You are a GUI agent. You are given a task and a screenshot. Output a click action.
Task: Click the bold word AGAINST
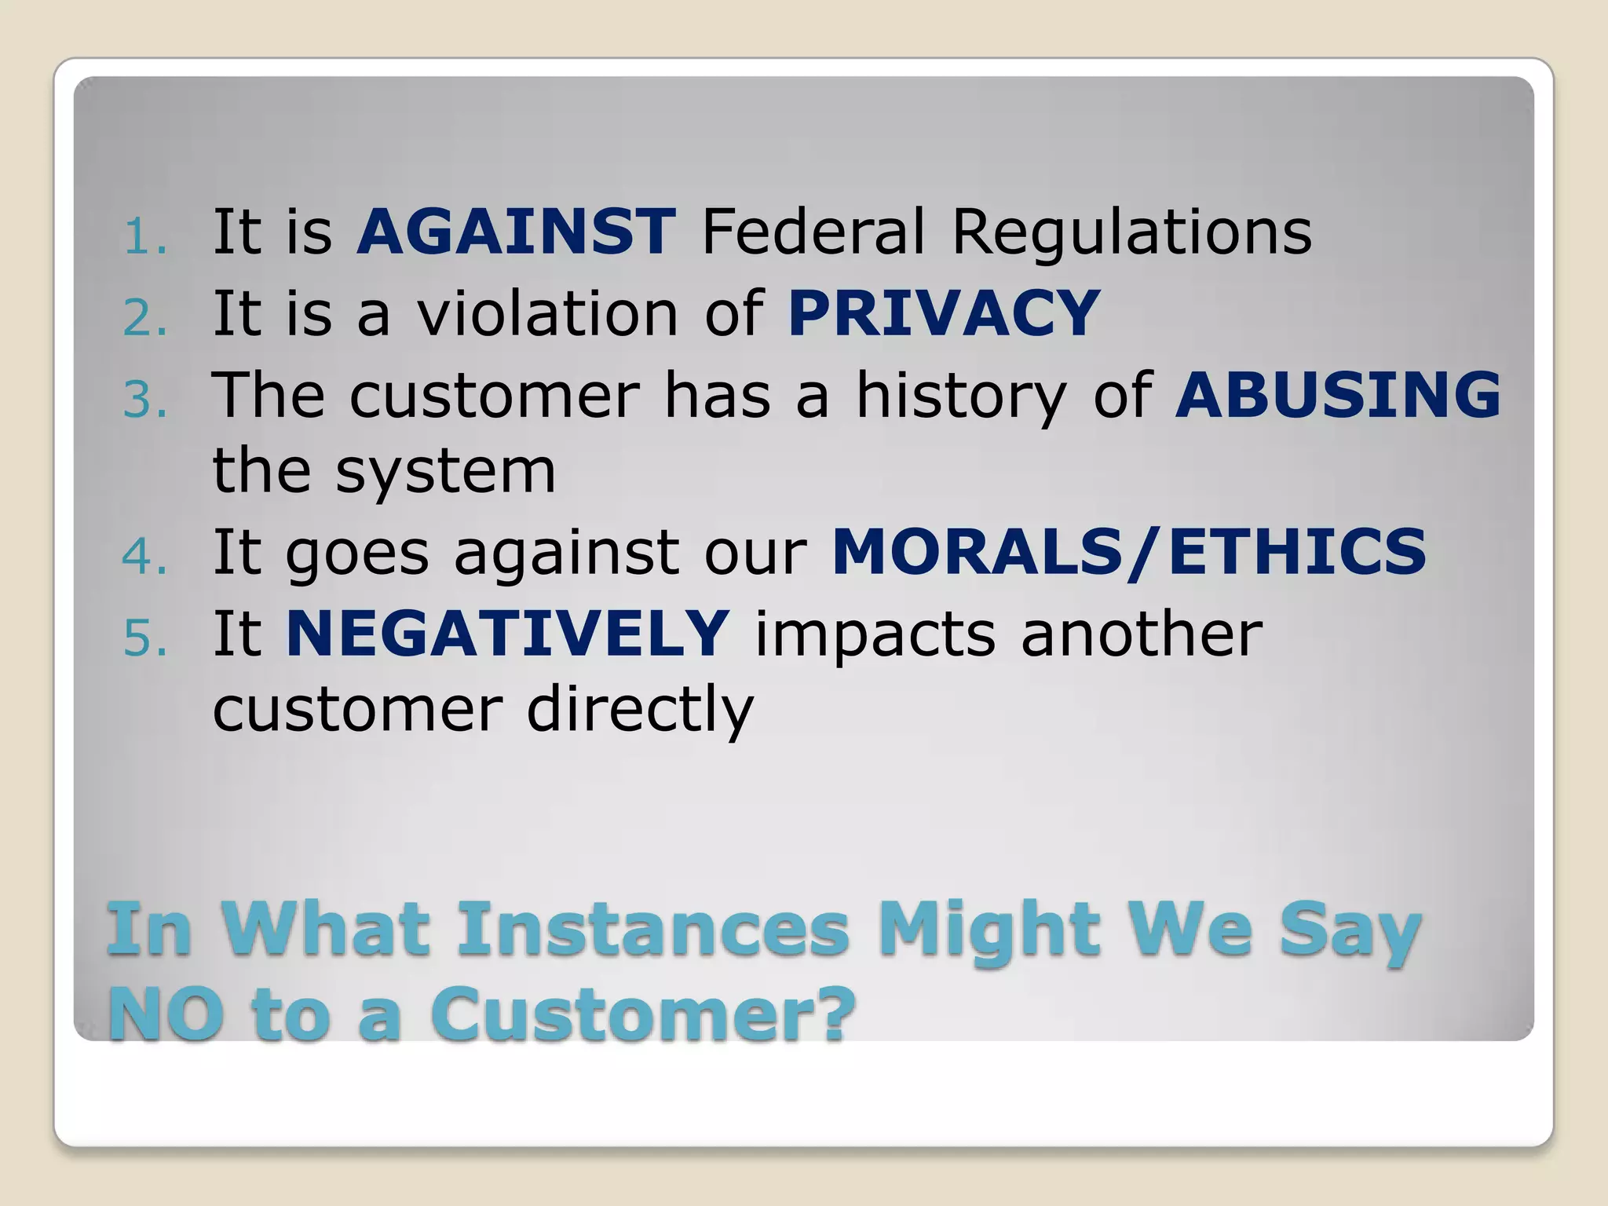pyautogui.click(x=515, y=232)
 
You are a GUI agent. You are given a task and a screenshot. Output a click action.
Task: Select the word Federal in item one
pyautogui.click(x=813, y=232)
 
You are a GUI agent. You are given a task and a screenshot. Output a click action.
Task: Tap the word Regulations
pyautogui.click(x=1131, y=233)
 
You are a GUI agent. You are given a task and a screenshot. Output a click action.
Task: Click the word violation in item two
pyautogui.click(x=547, y=313)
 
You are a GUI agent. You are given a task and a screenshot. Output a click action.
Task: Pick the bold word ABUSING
pyautogui.click(x=1337, y=394)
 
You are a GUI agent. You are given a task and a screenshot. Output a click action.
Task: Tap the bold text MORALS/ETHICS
pyautogui.click(x=1128, y=552)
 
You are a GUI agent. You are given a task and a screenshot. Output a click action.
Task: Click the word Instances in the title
pyautogui.click(x=652, y=930)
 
